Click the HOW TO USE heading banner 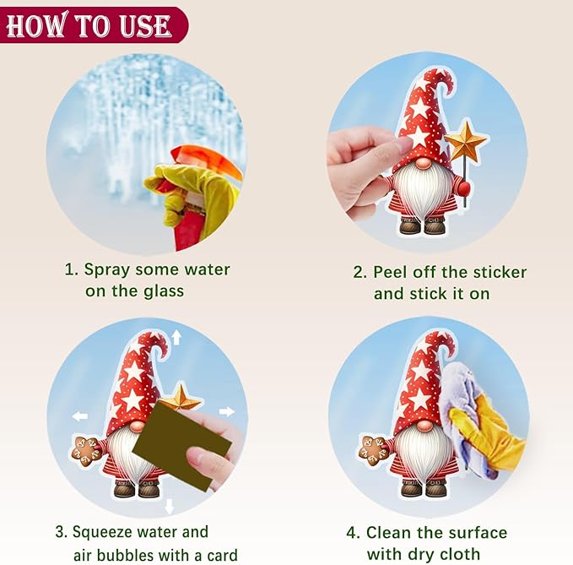pos(94,24)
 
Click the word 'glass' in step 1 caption pos(164,291)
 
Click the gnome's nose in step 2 pos(423,164)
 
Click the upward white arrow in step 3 pos(177,337)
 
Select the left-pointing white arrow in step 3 pos(80,416)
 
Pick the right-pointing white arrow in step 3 pos(226,411)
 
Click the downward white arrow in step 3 pos(169,507)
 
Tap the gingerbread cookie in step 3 pos(86,451)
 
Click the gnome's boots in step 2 pos(423,225)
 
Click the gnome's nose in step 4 pos(424,426)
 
